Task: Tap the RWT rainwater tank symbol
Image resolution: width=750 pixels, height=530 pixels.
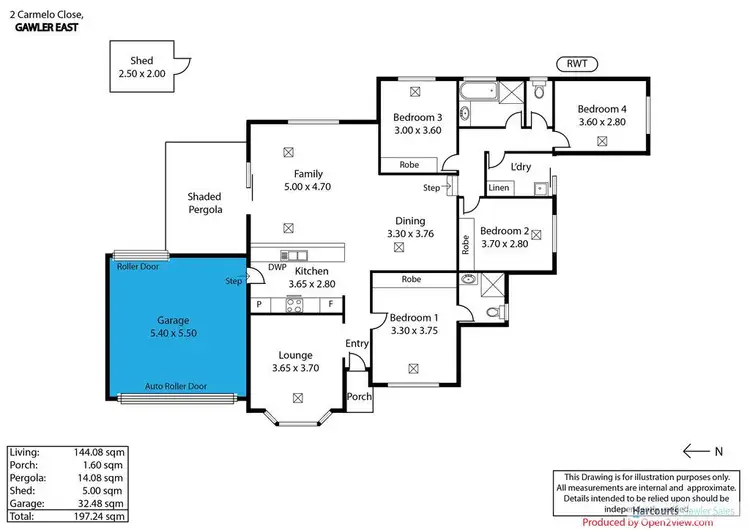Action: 577,64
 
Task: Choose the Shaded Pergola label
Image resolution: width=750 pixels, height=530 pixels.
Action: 204,203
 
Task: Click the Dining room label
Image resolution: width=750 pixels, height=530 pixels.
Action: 410,221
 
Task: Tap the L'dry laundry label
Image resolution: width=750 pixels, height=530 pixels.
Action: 520,167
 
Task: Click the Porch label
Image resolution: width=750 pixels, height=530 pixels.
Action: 358,396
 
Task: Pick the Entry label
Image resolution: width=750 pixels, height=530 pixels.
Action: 356,344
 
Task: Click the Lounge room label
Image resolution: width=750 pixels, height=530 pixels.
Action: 296,355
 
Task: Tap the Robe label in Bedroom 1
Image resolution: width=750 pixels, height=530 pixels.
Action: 410,280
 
